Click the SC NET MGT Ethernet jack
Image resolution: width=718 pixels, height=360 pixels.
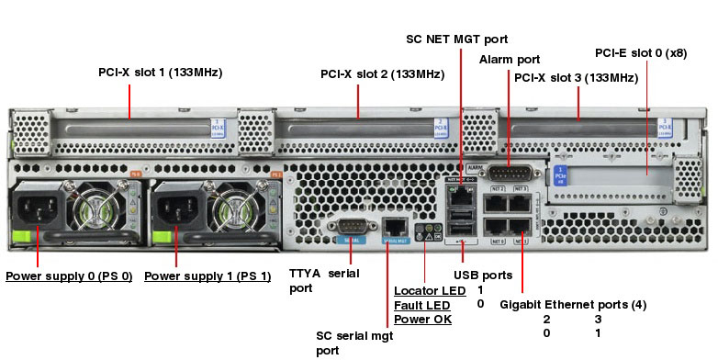coord(459,194)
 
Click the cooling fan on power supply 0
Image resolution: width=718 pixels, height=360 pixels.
coord(96,208)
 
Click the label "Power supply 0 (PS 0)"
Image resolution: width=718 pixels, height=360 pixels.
coord(69,276)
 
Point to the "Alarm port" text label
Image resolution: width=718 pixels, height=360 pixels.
coord(510,60)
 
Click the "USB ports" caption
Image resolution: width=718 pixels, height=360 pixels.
coord(483,275)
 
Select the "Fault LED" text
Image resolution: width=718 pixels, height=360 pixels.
coord(421,305)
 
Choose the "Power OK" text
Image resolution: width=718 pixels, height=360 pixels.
coord(422,319)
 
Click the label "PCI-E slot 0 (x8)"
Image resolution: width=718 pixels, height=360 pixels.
coord(641,52)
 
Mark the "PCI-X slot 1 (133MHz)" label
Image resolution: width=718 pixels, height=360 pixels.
coord(161,72)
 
